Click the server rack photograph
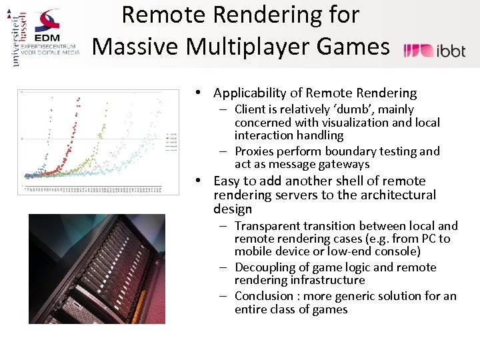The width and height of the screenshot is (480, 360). (96, 268)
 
